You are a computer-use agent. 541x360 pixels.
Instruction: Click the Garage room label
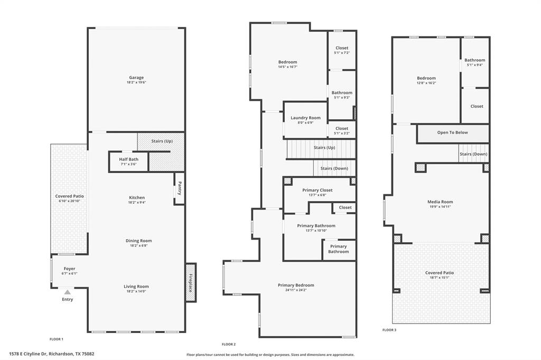click(x=136, y=78)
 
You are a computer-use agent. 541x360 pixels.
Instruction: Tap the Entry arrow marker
click(x=67, y=292)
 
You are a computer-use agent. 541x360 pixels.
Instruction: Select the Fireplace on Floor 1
click(x=190, y=282)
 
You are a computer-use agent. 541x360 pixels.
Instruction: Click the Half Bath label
click(x=128, y=159)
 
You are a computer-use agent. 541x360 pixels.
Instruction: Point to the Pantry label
click(x=180, y=188)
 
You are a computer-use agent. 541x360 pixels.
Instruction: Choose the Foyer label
click(x=69, y=269)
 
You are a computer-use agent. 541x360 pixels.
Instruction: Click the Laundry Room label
click(x=305, y=118)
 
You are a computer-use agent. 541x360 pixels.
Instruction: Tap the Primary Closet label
click(x=318, y=190)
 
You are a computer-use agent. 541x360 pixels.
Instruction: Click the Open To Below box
click(x=453, y=132)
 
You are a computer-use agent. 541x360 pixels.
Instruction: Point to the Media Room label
click(x=440, y=202)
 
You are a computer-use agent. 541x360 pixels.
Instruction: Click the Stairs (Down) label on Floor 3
click(x=473, y=154)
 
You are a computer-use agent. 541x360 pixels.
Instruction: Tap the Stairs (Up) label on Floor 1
click(x=162, y=141)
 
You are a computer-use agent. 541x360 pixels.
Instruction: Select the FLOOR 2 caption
click(x=229, y=344)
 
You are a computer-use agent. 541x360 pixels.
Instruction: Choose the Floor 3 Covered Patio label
click(x=440, y=273)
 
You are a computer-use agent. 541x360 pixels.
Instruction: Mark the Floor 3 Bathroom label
click(x=475, y=60)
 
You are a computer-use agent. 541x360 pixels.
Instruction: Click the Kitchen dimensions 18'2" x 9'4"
click(x=136, y=203)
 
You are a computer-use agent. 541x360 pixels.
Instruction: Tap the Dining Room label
click(x=138, y=241)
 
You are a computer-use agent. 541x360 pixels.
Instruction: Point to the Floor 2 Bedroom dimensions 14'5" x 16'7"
click(x=288, y=67)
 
